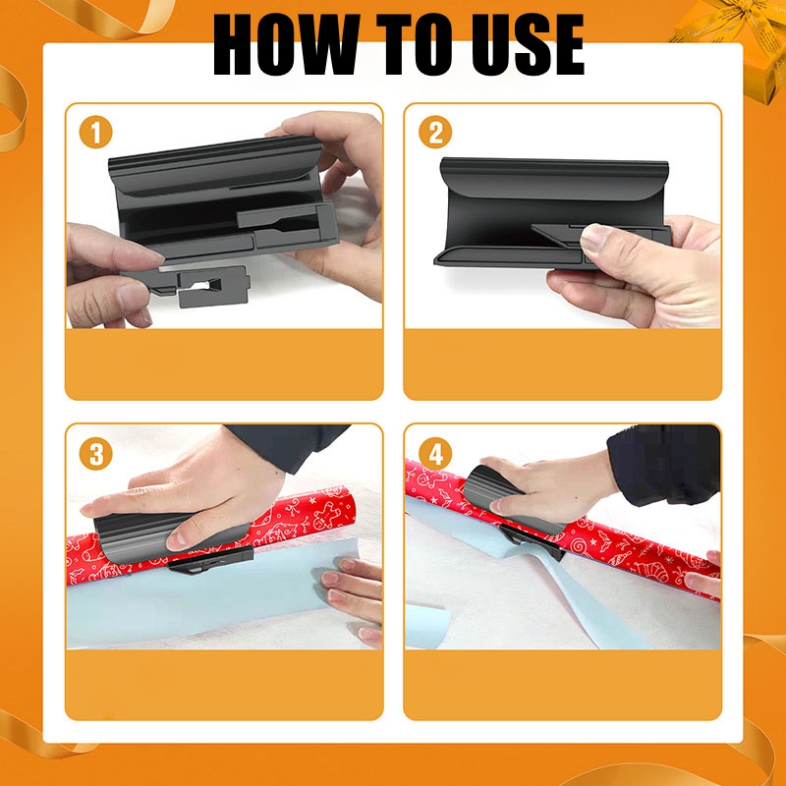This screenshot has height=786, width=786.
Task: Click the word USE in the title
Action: coord(519,45)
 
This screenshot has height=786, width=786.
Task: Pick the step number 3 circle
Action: coord(96,455)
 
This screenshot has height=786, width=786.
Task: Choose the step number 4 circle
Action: coord(433,455)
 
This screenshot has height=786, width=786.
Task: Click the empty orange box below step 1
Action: coord(224,364)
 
